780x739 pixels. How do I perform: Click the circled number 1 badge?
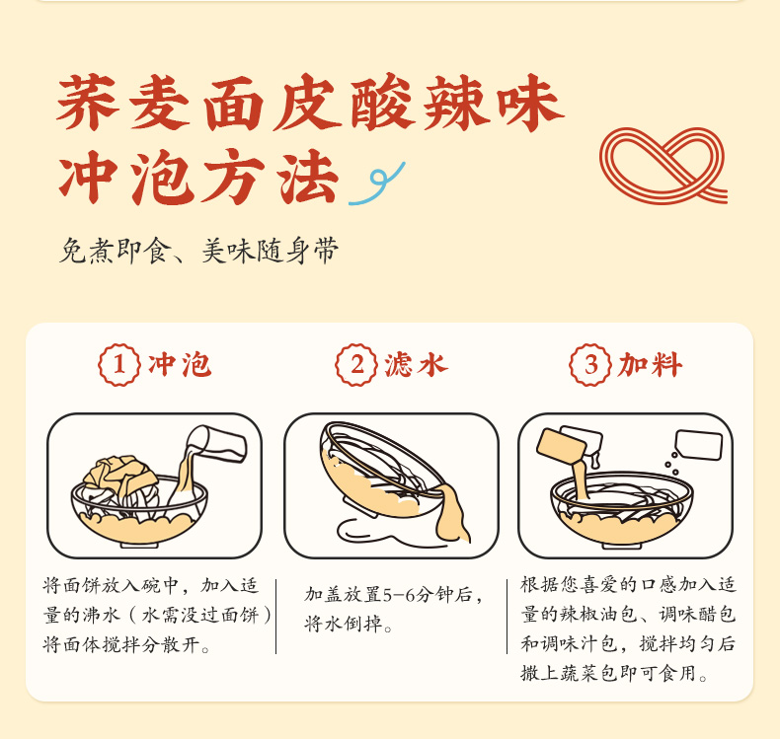pyautogui.click(x=119, y=365)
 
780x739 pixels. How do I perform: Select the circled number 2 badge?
pyautogui.click(x=356, y=365)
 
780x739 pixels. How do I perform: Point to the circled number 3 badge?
pyautogui.click(x=590, y=365)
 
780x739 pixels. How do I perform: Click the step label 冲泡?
pyautogui.click(x=180, y=365)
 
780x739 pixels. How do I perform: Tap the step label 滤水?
pyautogui.click(x=417, y=365)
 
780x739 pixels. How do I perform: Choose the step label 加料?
pyautogui.click(x=651, y=365)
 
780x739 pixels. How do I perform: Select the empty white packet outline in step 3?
pyautogui.click(x=698, y=445)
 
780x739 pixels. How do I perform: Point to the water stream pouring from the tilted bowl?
pyautogui.click(x=451, y=514)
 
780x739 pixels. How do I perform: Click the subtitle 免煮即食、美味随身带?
pyautogui.click(x=199, y=250)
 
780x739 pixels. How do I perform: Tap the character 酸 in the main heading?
pyautogui.click(x=382, y=103)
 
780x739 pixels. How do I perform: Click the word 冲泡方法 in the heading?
pyautogui.click(x=199, y=177)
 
